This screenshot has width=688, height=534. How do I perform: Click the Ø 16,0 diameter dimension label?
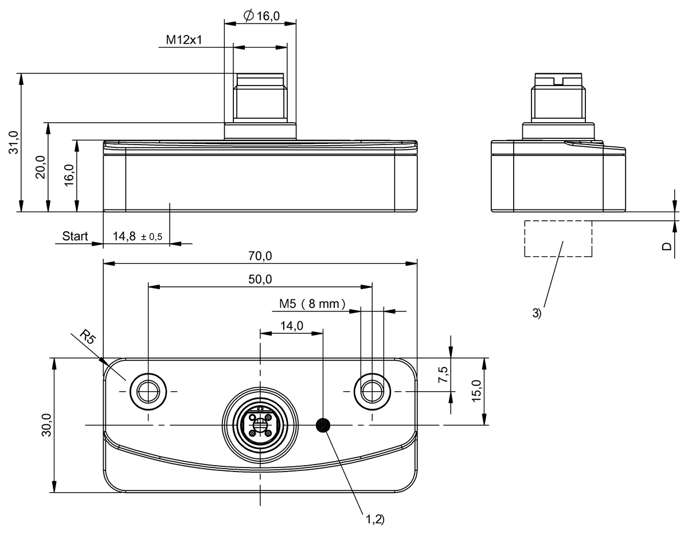coord(261,17)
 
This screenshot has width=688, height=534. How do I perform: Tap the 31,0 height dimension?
coord(15,142)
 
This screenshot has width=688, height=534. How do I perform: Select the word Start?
coord(75,236)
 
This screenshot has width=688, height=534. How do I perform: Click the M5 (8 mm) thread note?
coord(313,304)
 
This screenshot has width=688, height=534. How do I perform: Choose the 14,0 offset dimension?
coord(291,326)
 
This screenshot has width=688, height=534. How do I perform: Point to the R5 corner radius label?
coord(87,337)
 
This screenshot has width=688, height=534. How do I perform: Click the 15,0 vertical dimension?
coord(476,391)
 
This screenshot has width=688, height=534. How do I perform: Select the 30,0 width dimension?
coord(47,425)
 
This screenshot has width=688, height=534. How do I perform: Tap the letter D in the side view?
coord(667,246)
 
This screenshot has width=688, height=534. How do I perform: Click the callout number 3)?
coord(536,313)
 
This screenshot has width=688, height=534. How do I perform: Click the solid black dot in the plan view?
coord(323,425)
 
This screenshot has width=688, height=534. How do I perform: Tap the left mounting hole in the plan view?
coord(148,391)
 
